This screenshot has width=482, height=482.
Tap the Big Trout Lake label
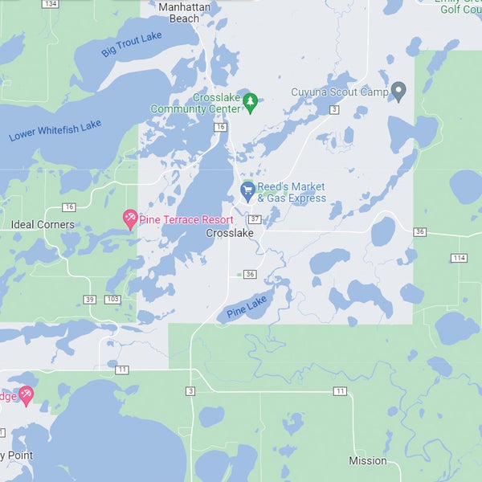(132, 44)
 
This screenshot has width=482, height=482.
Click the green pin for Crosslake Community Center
(250, 101)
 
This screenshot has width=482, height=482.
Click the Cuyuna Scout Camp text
(340, 92)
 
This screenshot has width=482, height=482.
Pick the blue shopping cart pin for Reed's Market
(248, 191)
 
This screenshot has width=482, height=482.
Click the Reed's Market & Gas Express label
(292, 192)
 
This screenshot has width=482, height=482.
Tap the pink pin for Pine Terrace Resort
(129, 218)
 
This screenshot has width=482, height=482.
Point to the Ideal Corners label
(43, 225)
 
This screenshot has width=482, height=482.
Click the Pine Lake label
(247, 306)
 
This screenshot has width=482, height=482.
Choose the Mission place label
(368, 461)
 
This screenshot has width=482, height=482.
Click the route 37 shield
(255, 219)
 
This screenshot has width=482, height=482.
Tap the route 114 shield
(459, 258)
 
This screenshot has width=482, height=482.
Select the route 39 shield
(89, 300)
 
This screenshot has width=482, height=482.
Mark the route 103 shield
(112, 300)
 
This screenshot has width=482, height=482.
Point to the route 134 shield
(51, 4)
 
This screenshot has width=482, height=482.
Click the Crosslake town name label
(230, 233)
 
